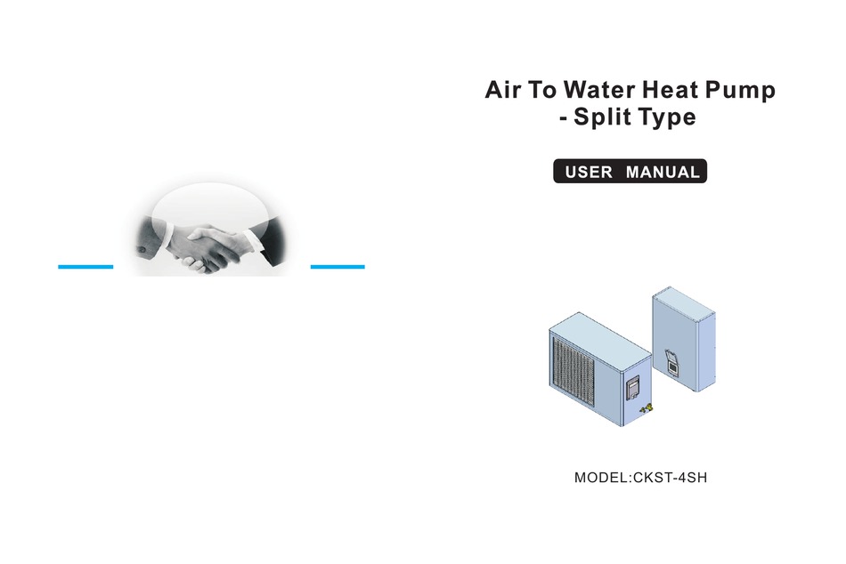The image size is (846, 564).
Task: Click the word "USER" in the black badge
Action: [x=589, y=172]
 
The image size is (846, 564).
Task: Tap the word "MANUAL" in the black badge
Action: [x=663, y=172]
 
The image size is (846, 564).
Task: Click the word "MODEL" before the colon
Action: [x=600, y=478]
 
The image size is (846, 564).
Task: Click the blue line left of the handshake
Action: [x=85, y=266]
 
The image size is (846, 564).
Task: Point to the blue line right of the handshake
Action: [x=338, y=266]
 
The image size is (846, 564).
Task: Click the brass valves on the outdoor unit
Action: [x=646, y=408]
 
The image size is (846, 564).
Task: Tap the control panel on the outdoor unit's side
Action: [x=633, y=389]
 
